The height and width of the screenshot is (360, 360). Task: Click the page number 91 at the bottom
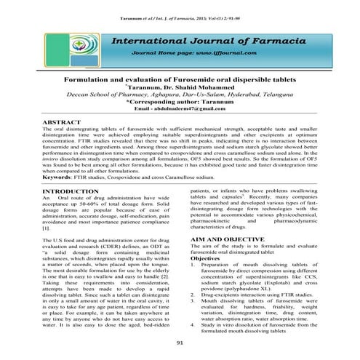[x=179, y=343]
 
